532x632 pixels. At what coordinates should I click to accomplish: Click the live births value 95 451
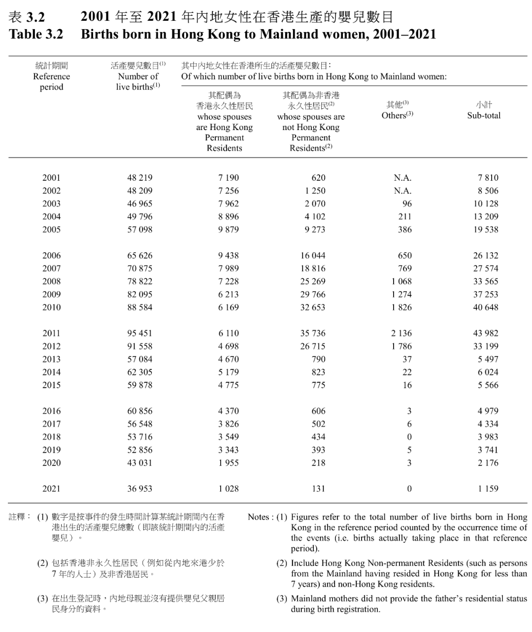click(140, 333)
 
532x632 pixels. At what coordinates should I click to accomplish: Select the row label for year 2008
click(51, 281)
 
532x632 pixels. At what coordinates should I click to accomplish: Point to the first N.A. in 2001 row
click(402, 178)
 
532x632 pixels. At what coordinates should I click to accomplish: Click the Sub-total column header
click(483, 110)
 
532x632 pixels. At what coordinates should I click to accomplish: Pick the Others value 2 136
click(401, 333)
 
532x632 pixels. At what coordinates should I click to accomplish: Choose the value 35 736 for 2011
click(312, 333)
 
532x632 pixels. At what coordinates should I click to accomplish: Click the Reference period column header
click(52, 76)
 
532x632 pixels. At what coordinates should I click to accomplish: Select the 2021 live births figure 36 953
click(140, 489)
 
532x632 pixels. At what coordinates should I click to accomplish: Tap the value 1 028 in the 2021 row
click(228, 489)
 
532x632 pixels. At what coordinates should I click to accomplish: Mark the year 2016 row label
click(51, 411)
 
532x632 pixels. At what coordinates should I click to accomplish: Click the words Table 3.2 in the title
click(36, 34)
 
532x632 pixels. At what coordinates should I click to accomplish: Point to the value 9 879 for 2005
click(228, 230)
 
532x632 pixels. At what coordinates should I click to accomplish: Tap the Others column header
click(397, 110)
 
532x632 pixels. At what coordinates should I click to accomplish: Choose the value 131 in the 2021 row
click(318, 489)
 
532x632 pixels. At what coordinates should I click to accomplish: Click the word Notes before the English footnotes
click(259, 517)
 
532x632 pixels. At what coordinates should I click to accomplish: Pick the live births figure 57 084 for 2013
click(140, 359)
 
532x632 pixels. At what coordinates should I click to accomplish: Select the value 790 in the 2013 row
click(318, 359)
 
